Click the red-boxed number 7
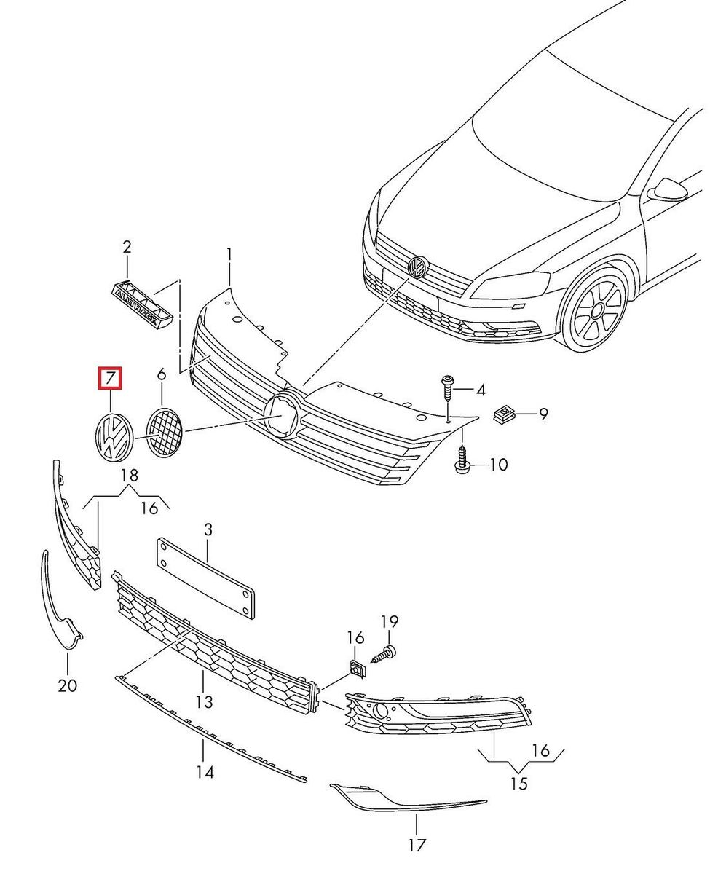pos(111,379)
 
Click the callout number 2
pos(127,247)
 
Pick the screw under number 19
pos(384,653)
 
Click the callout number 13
pos(205,701)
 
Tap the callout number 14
pos(205,771)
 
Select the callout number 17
pos(417,845)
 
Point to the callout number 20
pos(68,685)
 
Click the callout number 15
pos(518,784)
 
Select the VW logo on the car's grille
pos(417,267)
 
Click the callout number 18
pos(130,476)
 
